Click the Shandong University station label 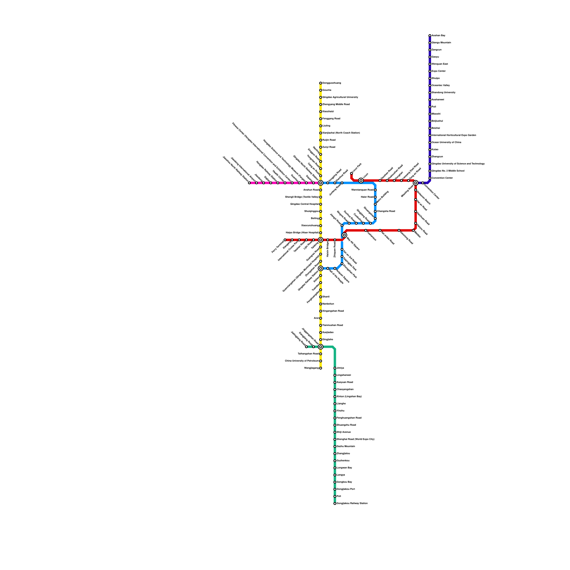click(443, 93)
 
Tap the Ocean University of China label click(446, 142)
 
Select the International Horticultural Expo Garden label click(454, 135)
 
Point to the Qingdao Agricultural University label click(340, 97)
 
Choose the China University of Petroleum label click(302, 361)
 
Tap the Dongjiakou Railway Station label click(352, 503)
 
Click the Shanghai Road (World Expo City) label click(355, 439)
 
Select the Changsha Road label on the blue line click(386, 211)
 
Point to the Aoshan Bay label click(438, 36)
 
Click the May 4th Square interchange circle click(344, 235)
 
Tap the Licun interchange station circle click(361, 181)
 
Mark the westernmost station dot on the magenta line click(249, 183)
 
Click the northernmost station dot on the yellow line click(321, 83)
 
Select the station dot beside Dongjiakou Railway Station click(335, 503)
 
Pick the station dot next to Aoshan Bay click(430, 36)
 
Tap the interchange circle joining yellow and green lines click(321, 347)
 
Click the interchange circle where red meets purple click(415, 183)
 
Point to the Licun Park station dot click(351, 173)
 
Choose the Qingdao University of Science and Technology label click(458, 164)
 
